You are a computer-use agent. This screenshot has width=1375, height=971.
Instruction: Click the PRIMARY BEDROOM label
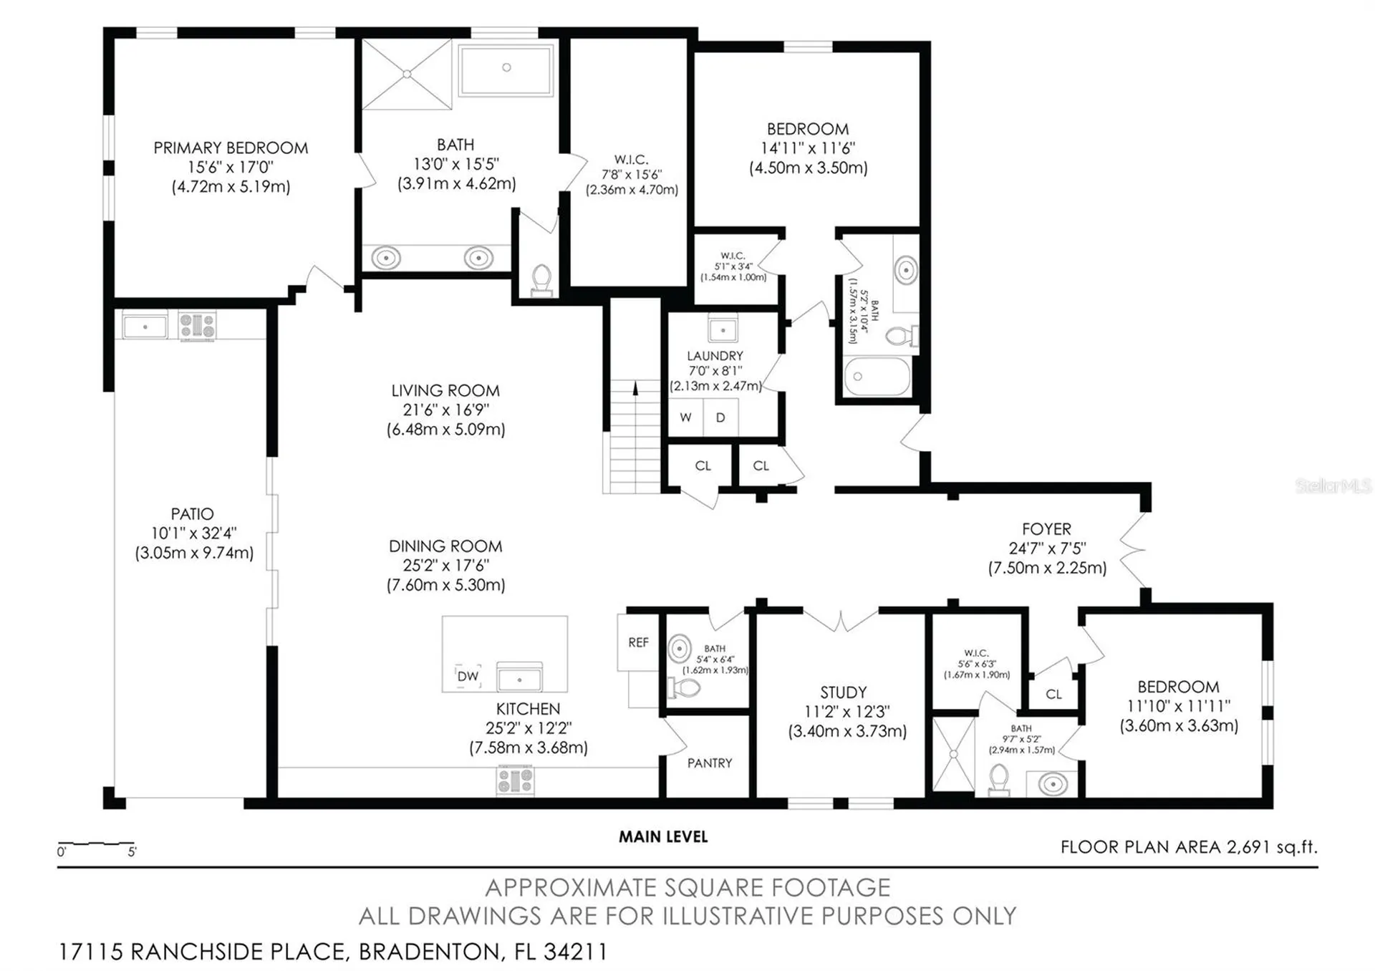(x=231, y=148)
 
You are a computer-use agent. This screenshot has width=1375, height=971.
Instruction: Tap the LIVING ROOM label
(x=445, y=391)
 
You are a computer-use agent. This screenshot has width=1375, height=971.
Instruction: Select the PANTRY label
(x=710, y=763)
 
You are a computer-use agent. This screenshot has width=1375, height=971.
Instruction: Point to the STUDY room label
(x=844, y=692)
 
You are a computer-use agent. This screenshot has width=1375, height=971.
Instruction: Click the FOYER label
(x=1046, y=529)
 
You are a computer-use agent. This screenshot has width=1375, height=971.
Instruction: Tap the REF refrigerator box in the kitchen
(x=638, y=642)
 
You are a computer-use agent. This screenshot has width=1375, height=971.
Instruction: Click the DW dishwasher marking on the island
(x=468, y=676)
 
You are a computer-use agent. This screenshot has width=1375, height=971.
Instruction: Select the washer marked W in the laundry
(x=685, y=417)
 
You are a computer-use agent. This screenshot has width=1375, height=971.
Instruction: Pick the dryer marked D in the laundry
(x=720, y=417)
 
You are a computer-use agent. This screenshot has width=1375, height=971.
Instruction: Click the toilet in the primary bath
(x=541, y=280)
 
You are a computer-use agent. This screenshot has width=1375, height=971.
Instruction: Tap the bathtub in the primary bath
(x=506, y=69)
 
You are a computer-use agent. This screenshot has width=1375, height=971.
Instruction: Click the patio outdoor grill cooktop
(x=197, y=325)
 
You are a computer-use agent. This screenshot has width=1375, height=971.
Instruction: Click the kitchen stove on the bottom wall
(x=516, y=781)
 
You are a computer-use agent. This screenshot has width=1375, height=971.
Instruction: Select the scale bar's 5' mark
(x=132, y=852)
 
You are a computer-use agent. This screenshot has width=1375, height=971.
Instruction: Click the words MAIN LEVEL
(x=663, y=836)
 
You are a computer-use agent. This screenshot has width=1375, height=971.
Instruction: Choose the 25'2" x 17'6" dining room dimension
(x=445, y=566)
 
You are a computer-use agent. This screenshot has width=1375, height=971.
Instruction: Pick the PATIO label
(x=192, y=514)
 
